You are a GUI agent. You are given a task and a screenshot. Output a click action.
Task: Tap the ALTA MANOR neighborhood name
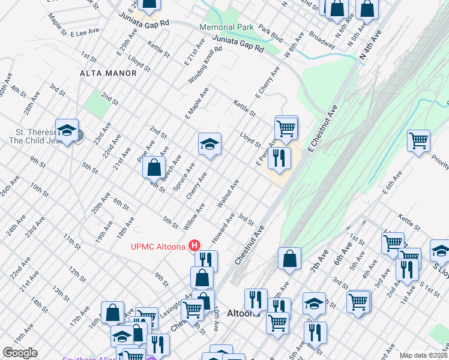107,73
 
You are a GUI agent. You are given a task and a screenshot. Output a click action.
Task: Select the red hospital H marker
194,245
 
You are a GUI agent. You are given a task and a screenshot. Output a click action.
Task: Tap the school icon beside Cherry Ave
209,144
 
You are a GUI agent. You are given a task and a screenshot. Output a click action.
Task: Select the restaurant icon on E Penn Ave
279,158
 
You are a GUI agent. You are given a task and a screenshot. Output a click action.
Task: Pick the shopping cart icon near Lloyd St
286,127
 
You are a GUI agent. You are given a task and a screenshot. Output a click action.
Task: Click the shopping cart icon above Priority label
418,141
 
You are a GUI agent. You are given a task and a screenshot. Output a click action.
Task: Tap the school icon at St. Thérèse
67,130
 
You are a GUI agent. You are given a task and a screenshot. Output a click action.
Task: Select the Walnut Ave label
229,194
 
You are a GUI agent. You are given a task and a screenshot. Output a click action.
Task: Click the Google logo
20,353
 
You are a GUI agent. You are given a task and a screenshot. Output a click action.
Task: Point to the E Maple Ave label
196,101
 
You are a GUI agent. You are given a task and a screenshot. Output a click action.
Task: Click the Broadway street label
322,39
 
